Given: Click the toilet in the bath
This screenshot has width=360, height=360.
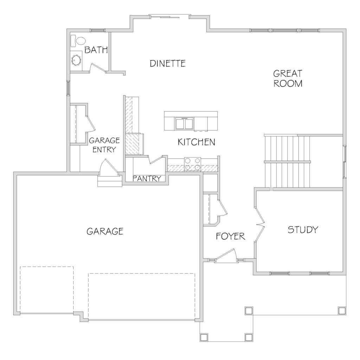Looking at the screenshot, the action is click(78, 41).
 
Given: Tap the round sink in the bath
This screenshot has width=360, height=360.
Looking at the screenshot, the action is click(76, 60).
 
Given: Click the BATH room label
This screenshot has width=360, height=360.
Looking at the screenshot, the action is click(96, 50).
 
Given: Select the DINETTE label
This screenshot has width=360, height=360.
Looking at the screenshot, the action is click(168, 63).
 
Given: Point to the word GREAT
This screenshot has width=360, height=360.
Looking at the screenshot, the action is click(288, 73).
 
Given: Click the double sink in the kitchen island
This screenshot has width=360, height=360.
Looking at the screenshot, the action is click(184, 123).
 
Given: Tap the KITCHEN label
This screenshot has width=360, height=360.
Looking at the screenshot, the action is click(197, 142).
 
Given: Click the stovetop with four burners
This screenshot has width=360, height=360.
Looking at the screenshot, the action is click(192, 164).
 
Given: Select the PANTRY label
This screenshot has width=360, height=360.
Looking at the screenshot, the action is click(147, 178).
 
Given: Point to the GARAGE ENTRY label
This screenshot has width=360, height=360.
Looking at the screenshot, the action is click(104, 145).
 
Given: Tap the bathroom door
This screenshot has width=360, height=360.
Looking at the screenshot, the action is click(98, 67).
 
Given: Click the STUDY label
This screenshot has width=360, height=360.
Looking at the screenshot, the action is click(303, 230).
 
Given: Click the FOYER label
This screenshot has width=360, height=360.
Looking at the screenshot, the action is click(231, 236).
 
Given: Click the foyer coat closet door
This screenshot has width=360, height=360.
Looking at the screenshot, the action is click(223, 208).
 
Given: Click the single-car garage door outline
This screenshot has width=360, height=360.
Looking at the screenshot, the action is click(47, 290).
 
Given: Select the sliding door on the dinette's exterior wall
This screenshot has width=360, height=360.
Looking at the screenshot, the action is click(170, 16).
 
